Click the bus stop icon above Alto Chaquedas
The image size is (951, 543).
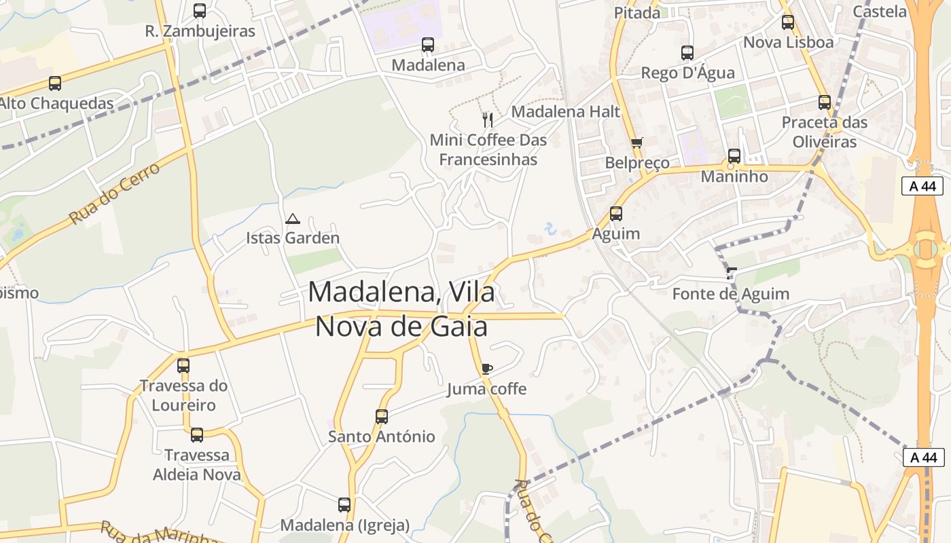[x=55, y=83]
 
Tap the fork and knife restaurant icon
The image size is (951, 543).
[x=487, y=120]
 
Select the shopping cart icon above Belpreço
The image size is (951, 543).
[x=636, y=143]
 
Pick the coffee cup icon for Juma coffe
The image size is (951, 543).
[x=486, y=369]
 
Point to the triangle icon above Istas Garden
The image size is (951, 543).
[x=293, y=219]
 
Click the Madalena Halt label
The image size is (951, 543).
[x=566, y=111]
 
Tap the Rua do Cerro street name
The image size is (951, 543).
[x=115, y=193]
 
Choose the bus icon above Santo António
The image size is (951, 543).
[x=382, y=416]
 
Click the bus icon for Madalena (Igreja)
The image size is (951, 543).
[x=344, y=505]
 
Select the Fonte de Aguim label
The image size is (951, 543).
[x=731, y=294]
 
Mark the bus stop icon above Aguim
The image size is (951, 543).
[x=616, y=214]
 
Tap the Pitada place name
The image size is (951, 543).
[x=637, y=12]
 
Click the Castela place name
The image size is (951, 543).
[x=880, y=11]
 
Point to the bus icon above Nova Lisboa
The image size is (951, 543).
[x=788, y=22]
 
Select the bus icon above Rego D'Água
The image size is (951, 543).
[x=687, y=53]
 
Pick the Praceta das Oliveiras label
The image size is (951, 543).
[x=825, y=132]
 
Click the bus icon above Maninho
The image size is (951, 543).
[x=734, y=156]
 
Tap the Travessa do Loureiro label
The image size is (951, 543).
[x=183, y=395]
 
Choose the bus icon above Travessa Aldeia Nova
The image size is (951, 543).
[x=197, y=435]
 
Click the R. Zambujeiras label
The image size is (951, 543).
[x=200, y=31]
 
